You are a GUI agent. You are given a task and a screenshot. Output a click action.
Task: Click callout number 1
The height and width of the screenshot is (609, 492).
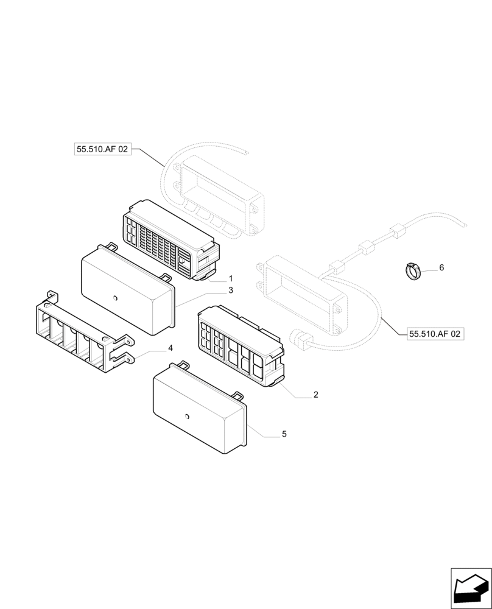[x=231, y=278]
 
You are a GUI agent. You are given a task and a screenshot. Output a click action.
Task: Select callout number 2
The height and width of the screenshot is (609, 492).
[x=316, y=395]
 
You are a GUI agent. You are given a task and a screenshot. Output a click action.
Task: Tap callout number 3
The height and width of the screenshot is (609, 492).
[x=231, y=290]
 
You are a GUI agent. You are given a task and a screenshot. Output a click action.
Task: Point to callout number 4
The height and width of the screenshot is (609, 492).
[x=170, y=348]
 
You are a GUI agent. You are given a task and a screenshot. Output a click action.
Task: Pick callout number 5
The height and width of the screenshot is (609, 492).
[x=284, y=434]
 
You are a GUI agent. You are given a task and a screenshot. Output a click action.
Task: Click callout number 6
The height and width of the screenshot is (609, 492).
[x=441, y=267]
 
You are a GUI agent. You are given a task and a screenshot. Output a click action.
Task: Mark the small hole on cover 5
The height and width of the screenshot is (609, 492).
[x=187, y=417]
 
